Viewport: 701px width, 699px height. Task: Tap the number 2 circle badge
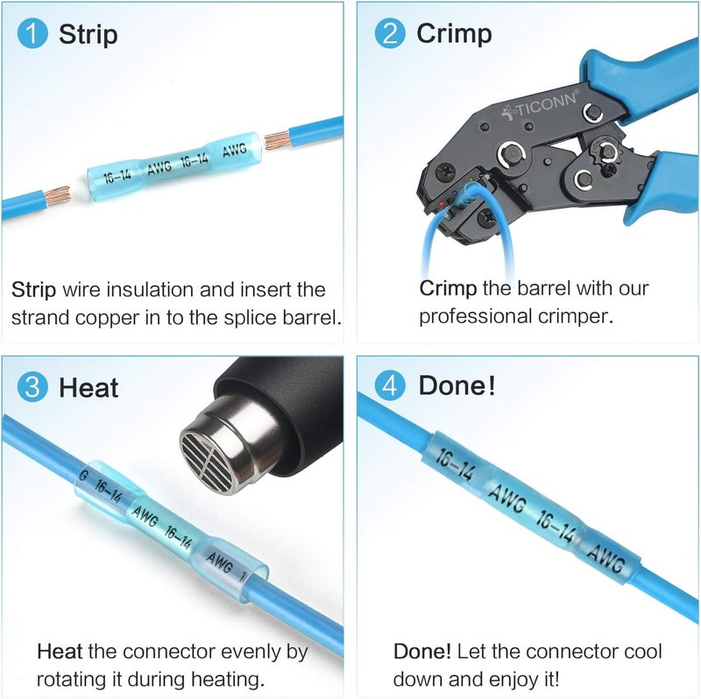[390, 32]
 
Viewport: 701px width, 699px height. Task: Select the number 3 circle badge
[32, 386]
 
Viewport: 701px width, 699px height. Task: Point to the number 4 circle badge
[390, 386]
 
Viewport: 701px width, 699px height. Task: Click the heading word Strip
[89, 34]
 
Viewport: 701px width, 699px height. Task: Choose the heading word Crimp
[454, 33]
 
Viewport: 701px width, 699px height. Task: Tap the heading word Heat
[89, 387]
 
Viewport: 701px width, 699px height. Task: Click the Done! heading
[457, 385]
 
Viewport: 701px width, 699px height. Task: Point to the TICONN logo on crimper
[541, 106]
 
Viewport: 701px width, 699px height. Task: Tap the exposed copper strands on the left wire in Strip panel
[58, 195]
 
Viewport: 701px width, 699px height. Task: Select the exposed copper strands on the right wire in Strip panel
[277, 140]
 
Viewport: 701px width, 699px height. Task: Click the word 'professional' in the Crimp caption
[476, 317]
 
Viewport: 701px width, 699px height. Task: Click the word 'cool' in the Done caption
[642, 652]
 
